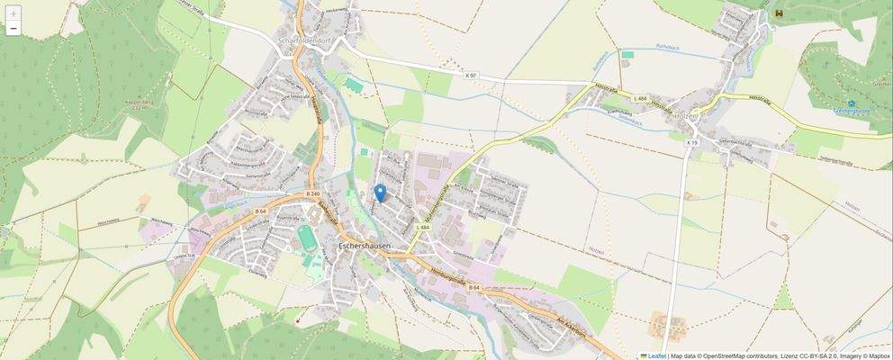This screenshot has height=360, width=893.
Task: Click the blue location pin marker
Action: pos(380,192)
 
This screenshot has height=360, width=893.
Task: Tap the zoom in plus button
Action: pos(13,13)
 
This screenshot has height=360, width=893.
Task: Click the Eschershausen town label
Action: pos(363,245)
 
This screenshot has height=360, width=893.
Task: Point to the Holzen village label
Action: pos(687,115)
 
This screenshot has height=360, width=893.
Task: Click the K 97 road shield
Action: pos(473,76)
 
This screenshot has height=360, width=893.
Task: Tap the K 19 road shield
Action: pos(691,143)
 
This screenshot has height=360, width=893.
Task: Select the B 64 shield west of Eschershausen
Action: pos(260,211)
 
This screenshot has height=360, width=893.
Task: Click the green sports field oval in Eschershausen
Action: pos(308,238)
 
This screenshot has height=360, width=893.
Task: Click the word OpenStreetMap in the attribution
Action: pos(729,355)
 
